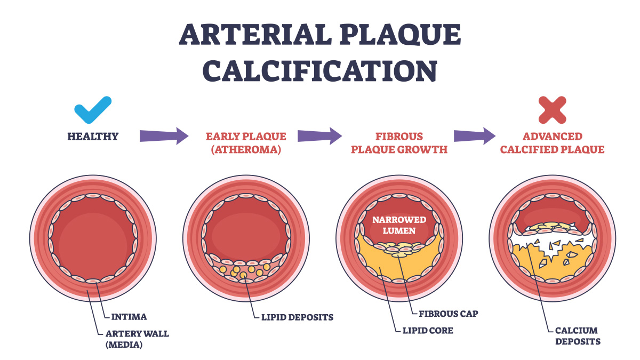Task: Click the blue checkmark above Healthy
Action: pos(93,110)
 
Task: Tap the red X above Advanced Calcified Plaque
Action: pos(551,110)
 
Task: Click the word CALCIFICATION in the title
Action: pos(319,70)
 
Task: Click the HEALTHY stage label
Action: pos(93,137)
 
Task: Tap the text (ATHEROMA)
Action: pos(246,150)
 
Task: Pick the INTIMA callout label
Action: pos(129,317)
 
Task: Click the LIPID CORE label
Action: pos(424,331)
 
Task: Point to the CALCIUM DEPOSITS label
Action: pos(577,336)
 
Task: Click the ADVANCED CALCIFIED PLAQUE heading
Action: pos(551,143)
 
